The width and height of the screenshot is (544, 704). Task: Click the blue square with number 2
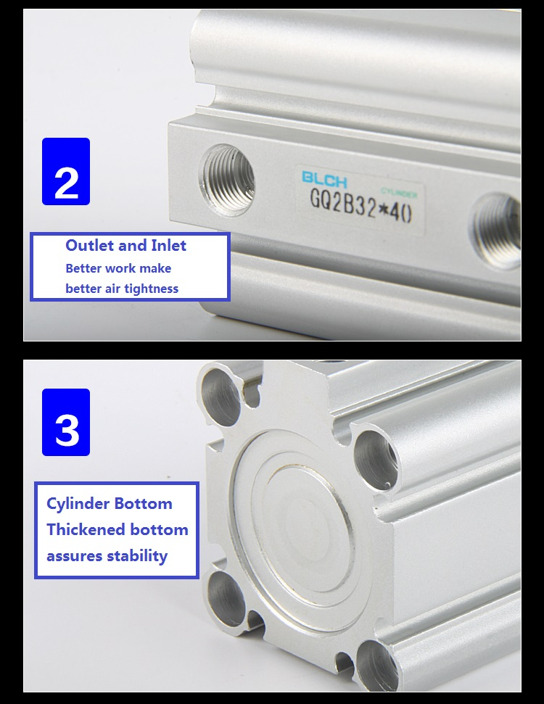click(66, 172)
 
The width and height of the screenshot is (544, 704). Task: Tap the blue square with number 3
click(66, 422)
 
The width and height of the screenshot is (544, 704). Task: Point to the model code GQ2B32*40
click(360, 206)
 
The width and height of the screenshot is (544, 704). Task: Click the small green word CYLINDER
click(399, 193)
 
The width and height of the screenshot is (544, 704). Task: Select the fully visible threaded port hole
click(226, 179)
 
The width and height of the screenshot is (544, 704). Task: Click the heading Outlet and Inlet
click(125, 245)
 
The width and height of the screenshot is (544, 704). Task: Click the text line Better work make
click(118, 268)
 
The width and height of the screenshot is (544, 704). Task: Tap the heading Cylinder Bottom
click(109, 503)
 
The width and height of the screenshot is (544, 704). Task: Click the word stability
click(138, 556)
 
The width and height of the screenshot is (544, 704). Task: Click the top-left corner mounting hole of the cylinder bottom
click(221, 395)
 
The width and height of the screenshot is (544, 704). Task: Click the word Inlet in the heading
click(169, 245)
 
